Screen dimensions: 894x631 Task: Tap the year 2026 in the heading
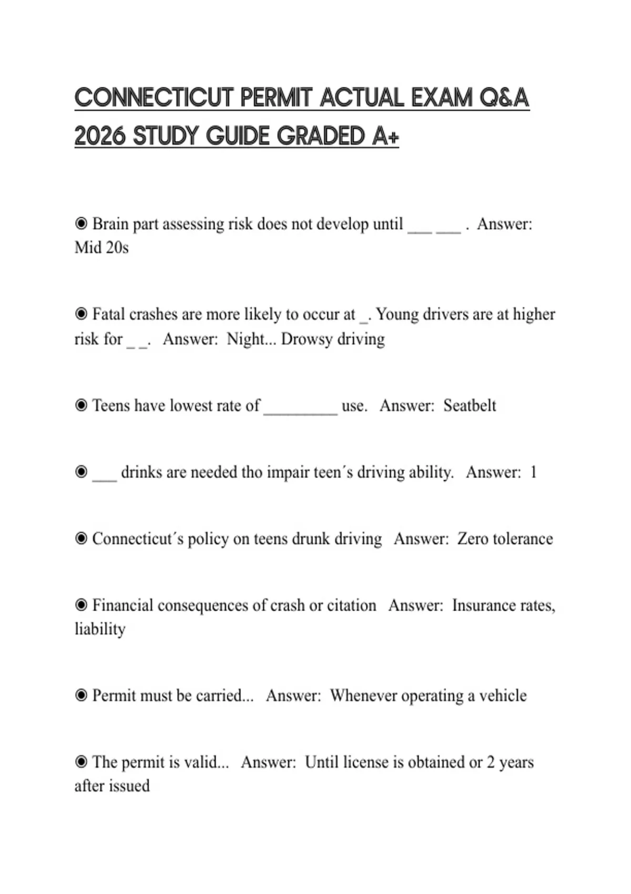coord(100,136)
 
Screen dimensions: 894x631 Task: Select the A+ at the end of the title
coord(385,136)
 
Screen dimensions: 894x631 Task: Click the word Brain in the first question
coord(110,224)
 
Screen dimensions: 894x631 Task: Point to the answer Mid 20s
coord(101,247)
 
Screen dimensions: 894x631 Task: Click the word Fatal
coord(108,314)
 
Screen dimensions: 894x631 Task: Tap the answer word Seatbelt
coord(470,405)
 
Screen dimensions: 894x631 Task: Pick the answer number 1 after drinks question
coord(533,472)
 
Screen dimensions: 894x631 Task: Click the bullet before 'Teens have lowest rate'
coord(81,405)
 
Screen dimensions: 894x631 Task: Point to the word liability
coord(100,629)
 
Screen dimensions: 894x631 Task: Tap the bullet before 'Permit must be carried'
coord(81,696)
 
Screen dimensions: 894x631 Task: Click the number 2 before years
coord(490,763)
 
